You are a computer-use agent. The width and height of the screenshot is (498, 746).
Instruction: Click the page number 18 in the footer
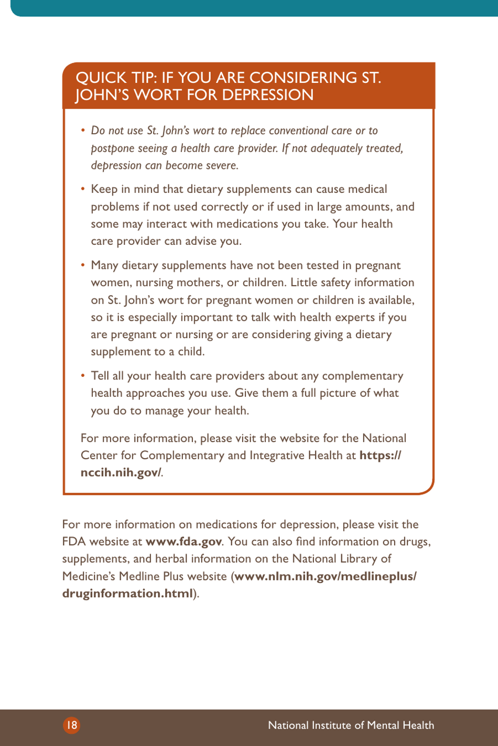click(72, 725)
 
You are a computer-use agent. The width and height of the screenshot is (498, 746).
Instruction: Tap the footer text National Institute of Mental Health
click(351, 725)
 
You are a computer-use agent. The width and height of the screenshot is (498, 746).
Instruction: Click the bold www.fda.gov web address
click(183, 542)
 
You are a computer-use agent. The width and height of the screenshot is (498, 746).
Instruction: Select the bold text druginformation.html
click(127, 593)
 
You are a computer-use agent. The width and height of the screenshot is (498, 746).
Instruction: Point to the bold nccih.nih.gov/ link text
click(121, 472)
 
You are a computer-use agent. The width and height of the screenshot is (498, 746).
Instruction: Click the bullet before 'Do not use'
click(83, 131)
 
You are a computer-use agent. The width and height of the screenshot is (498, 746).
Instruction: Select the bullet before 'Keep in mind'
click(83, 189)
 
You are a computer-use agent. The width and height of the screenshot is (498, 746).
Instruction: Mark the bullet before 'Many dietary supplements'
click(83, 265)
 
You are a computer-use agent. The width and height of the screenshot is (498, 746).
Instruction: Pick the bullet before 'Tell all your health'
click(83, 376)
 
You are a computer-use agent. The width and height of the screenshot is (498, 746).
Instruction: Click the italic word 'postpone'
click(111, 148)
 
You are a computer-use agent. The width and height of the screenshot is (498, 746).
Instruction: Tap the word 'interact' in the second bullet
click(167, 224)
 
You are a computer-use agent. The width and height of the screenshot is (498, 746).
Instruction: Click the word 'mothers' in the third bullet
click(199, 283)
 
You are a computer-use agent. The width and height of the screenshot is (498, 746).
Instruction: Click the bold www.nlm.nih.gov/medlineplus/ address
click(326, 576)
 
